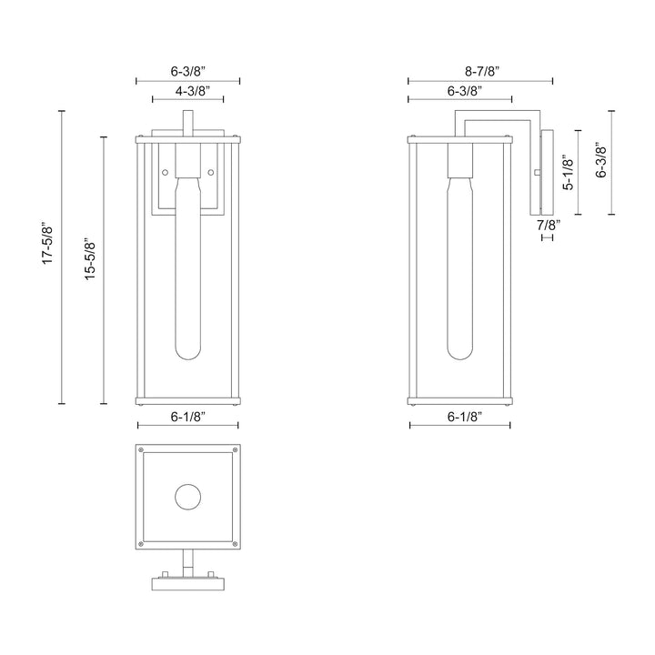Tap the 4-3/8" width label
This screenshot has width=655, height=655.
[x=187, y=91]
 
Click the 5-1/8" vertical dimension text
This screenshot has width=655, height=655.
[x=569, y=171]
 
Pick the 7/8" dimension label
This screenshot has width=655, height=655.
[x=549, y=224]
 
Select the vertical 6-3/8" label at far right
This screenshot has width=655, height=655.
[x=600, y=162]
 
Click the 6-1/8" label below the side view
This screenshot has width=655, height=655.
[x=459, y=416]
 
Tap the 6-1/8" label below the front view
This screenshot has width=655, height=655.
[x=187, y=416]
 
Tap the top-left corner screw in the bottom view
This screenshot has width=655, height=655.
[x=141, y=450]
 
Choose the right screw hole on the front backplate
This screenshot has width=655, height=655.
[x=211, y=172]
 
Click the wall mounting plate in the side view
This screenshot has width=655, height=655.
[x=547, y=172]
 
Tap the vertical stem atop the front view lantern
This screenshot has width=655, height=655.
[x=187, y=123]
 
